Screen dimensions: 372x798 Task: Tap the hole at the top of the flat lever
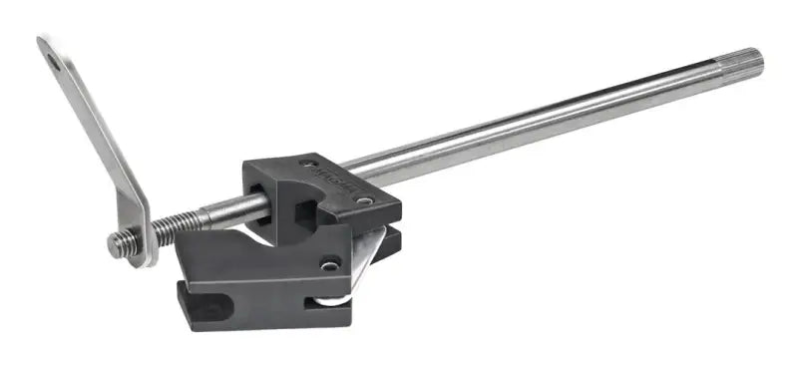pyautogui.click(x=52, y=63)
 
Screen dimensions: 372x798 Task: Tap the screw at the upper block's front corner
pyautogui.click(x=365, y=201)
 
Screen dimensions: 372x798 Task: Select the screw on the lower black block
pyautogui.click(x=327, y=264)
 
